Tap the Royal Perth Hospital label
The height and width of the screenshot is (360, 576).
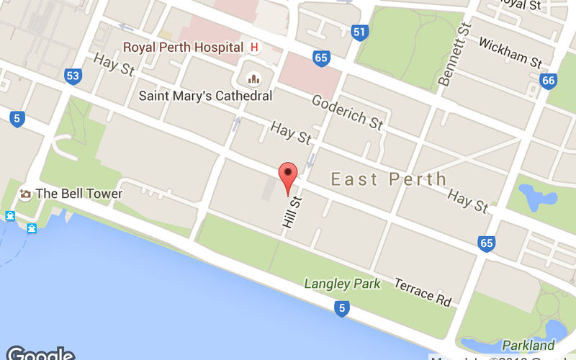pos(183,48)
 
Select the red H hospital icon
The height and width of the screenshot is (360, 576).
pos(253,48)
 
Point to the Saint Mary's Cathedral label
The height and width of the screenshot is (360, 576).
pos(205,96)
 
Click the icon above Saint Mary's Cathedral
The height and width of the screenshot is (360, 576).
pos(253,78)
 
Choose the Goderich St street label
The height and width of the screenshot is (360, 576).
pos(346,114)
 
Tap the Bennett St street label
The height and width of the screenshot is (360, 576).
pos(454,54)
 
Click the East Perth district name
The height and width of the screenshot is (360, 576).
pos(389,179)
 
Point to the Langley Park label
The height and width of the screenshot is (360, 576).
pos(343,284)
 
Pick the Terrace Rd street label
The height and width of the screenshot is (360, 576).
pos(423,291)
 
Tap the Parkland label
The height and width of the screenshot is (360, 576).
pos(528,345)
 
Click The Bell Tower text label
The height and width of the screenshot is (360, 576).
pos(79,193)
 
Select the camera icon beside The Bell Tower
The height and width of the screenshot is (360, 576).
pos(26,194)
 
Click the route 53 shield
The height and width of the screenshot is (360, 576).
pos(73,75)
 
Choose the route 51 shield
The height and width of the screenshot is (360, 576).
pos(360,32)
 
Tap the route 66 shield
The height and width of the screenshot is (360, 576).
pos(549,80)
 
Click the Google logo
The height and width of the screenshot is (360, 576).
pos(40,354)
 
